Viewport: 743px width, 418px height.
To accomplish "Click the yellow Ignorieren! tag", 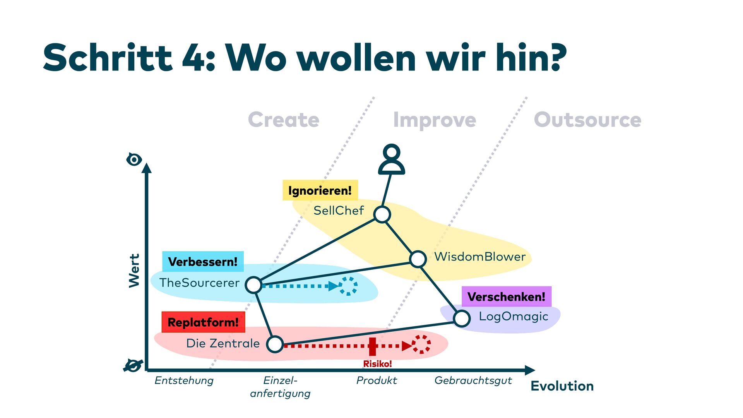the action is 320,190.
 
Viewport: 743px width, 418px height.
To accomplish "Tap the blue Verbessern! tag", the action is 203,262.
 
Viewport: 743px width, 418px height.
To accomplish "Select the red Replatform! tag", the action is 203,322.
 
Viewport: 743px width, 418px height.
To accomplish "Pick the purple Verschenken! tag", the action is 506,297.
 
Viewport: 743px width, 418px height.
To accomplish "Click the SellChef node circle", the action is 382,214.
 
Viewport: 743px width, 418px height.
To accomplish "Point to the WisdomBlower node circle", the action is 418,259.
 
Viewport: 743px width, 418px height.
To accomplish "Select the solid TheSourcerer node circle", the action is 253,285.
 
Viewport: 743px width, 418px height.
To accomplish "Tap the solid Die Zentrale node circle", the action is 275,344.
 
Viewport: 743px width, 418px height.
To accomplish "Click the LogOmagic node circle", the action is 462,319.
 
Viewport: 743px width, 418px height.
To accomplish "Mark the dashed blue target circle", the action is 348,286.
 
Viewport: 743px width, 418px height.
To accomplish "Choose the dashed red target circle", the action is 421,344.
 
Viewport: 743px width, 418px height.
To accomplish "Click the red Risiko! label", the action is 377,364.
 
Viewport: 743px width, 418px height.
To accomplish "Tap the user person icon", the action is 392,159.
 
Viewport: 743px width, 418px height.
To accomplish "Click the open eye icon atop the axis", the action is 134,159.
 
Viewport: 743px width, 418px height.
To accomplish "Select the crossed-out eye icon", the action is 133,365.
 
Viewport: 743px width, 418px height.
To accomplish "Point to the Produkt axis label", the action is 377,380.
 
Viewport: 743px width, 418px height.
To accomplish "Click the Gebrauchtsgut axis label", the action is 473,380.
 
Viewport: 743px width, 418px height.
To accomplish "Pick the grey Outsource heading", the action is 587,120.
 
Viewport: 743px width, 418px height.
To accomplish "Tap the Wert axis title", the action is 134,271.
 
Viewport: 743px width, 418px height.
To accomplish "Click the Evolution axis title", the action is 562,386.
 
